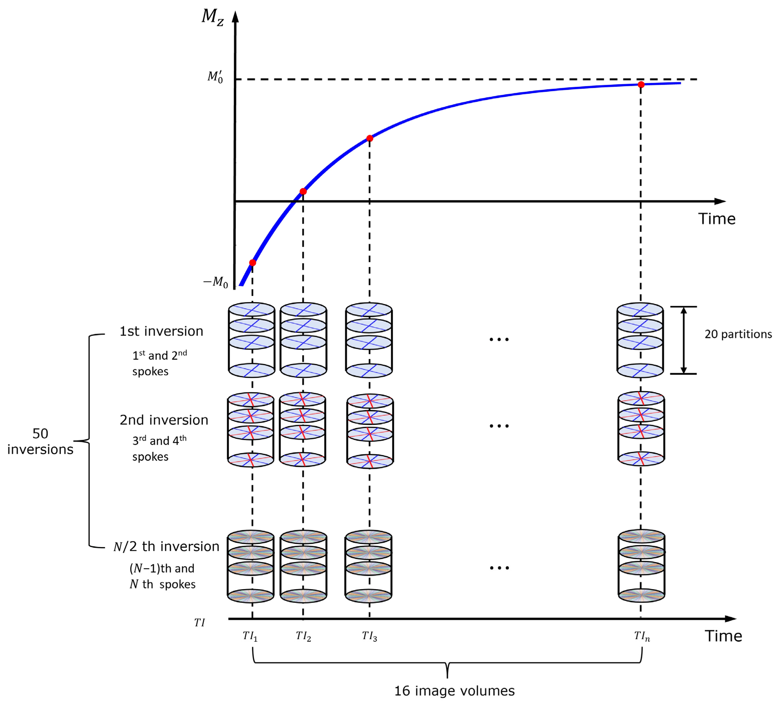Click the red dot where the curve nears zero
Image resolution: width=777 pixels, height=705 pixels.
point(303,192)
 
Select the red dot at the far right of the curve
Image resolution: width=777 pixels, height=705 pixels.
point(641,84)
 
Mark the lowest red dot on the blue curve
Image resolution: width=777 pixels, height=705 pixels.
point(252,263)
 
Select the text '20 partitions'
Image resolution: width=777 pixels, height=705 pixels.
point(738,334)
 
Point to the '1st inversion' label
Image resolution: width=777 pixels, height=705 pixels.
point(161,331)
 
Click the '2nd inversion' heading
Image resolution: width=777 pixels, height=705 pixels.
point(164,420)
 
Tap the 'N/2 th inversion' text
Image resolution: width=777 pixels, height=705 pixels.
point(166,546)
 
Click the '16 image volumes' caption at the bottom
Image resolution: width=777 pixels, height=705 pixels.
point(454,690)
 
